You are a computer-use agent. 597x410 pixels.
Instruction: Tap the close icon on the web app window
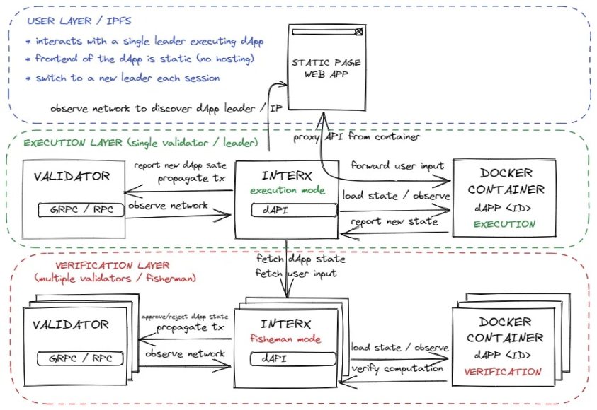pos(359,33)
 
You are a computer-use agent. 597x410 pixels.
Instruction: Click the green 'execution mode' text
pos(287,191)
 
